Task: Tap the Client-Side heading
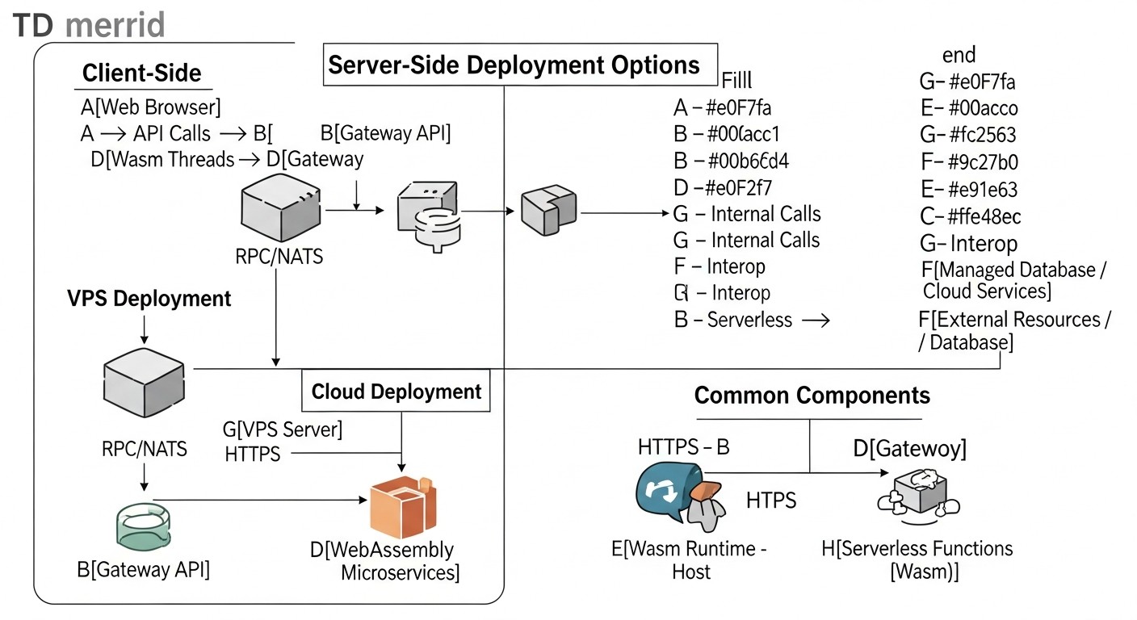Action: point(141,73)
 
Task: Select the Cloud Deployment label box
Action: point(396,392)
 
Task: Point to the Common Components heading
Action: point(812,396)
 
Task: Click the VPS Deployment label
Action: point(149,299)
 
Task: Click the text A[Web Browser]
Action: point(150,107)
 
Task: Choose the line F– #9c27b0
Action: point(969,162)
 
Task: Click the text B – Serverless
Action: point(732,320)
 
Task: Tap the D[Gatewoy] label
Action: point(909,448)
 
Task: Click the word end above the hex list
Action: point(959,55)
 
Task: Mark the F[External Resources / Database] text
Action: point(1013,330)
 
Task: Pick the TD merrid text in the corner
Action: point(89,25)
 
